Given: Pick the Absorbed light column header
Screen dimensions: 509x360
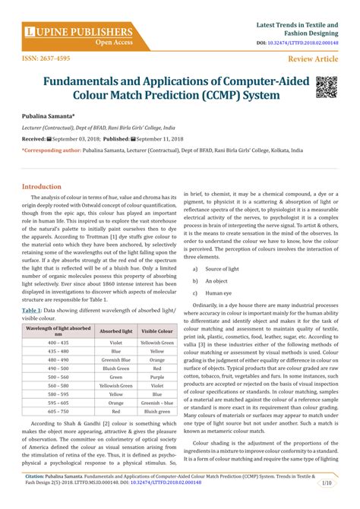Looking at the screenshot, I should (116, 310).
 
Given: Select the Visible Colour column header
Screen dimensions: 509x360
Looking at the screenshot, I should (157, 310).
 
